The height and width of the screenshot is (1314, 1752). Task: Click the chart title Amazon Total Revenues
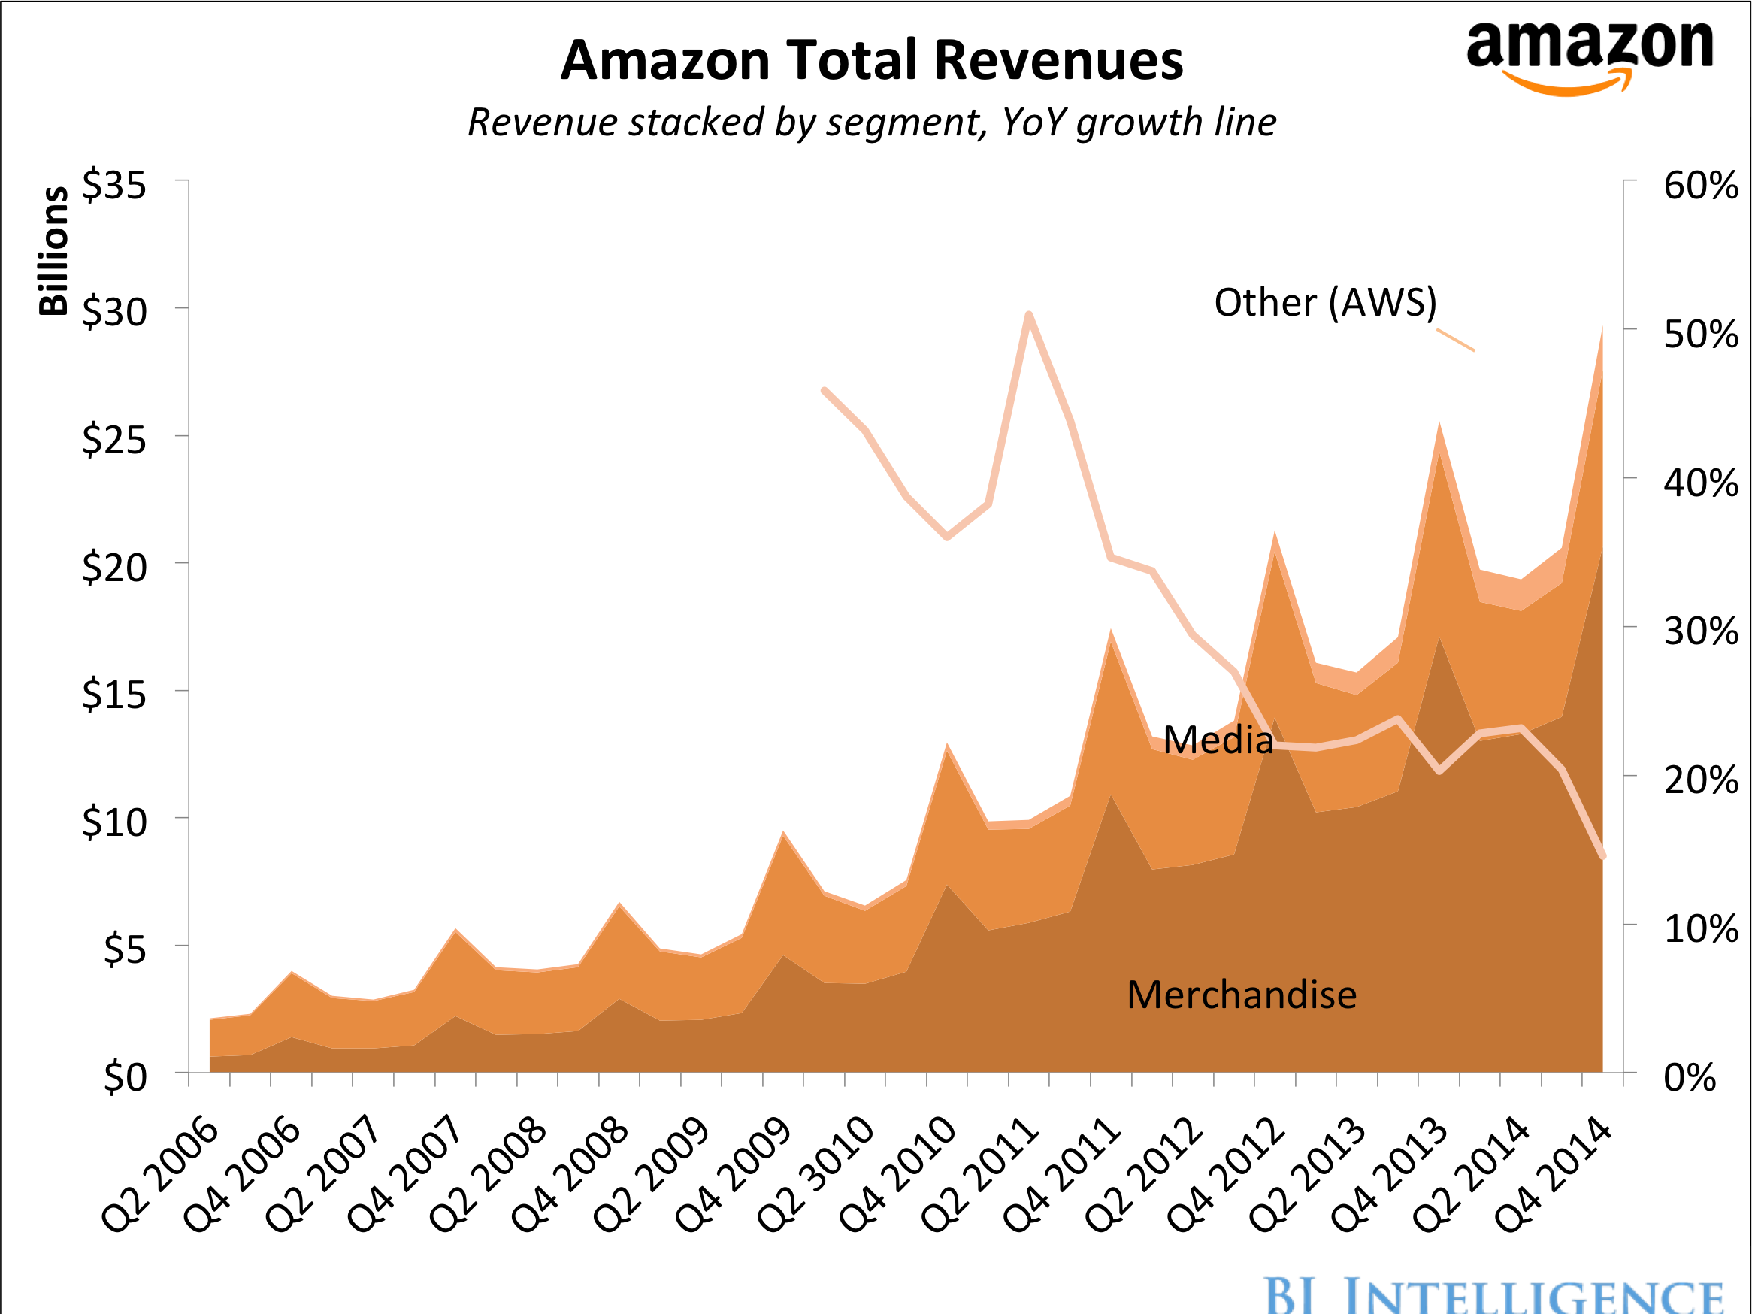[x=871, y=60]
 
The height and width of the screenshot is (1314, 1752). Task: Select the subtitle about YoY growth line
[x=871, y=122]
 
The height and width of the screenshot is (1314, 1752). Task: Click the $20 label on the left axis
[x=114, y=567]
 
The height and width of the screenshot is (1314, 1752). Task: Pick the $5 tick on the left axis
[x=125, y=949]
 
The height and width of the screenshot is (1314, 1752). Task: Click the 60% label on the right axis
[x=1699, y=186]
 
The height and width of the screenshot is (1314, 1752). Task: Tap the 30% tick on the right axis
[x=1699, y=631]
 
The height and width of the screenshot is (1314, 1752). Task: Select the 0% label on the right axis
[x=1690, y=1077]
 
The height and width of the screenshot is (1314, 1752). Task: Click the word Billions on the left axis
[x=54, y=251]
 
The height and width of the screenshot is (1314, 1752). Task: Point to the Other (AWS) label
[x=1325, y=301]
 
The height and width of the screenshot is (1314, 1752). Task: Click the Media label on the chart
[x=1218, y=740]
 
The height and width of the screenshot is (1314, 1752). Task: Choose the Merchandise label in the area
[x=1241, y=994]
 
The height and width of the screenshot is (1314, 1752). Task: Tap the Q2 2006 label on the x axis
[x=161, y=1174]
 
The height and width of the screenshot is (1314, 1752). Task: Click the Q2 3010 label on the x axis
[x=815, y=1174]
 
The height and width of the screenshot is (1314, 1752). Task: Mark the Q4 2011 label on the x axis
[x=1061, y=1174]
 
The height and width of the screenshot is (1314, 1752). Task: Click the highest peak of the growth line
[x=1029, y=315]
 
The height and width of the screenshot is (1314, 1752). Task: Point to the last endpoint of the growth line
[x=1602, y=856]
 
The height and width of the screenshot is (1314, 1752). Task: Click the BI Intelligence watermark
[x=1493, y=1294]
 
